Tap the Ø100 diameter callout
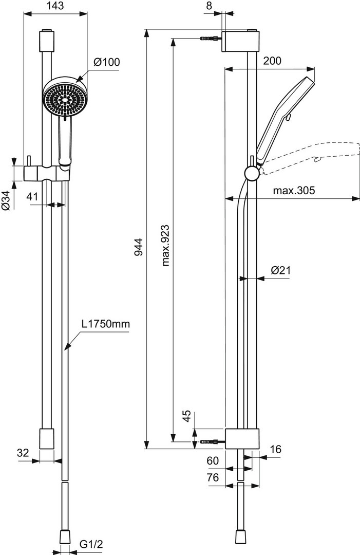click(x=106, y=62)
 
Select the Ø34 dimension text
click(x=6, y=199)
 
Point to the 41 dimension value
click(x=32, y=196)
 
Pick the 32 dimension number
click(x=22, y=452)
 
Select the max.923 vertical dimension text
click(x=165, y=245)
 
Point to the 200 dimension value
click(x=272, y=61)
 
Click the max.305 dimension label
click(x=293, y=191)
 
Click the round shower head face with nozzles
click(x=63, y=99)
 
